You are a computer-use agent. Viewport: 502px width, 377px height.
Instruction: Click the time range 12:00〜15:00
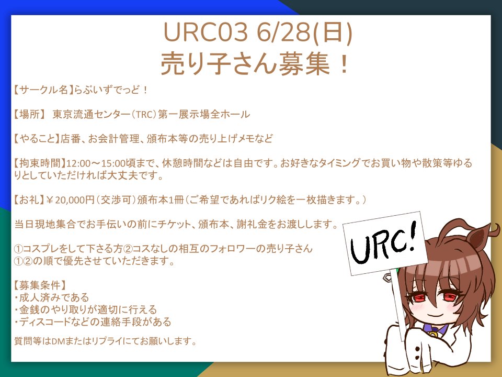(x=96, y=163)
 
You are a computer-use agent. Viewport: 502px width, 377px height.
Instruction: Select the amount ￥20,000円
(x=72, y=200)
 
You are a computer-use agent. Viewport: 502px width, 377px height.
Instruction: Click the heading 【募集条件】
(x=40, y=285)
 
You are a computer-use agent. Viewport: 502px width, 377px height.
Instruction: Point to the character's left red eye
(x=420, y=298)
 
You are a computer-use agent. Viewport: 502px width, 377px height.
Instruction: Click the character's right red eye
(x=448, y=297)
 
